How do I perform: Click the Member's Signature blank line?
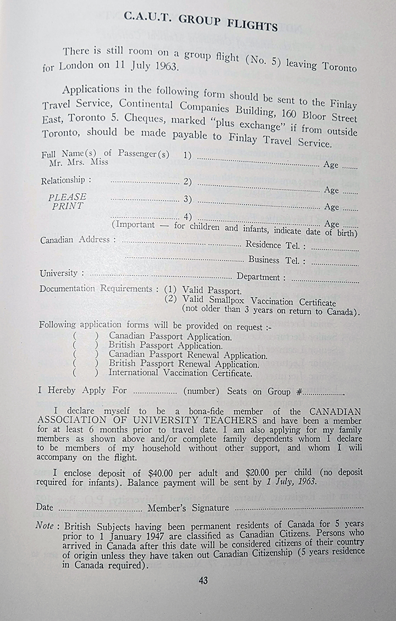click(x=300, y=508)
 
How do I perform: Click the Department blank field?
click(x=324, y=280)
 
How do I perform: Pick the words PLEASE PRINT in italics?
click(x=68, y=202)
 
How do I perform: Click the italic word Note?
click(x=45, y=525)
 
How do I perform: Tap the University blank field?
click(x=159, y=275)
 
